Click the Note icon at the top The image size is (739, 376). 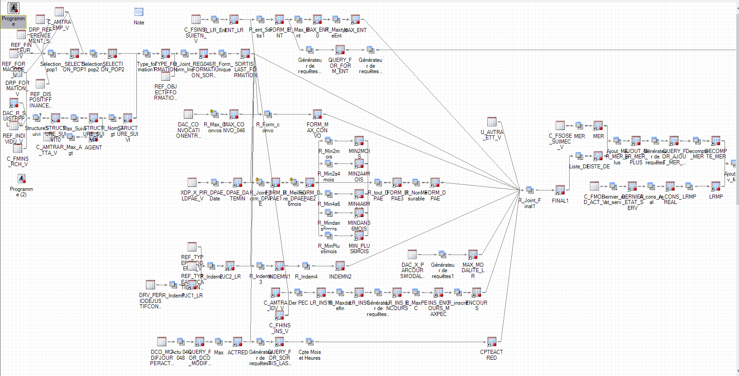pos(139,12)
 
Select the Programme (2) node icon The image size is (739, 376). pos(21,179)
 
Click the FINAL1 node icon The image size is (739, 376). pos(560,190)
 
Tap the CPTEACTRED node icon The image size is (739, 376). pos(492,342)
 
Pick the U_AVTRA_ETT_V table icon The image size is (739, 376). pos(492,121)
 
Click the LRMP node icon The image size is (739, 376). pos(716,186)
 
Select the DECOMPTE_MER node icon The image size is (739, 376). pos(716,140)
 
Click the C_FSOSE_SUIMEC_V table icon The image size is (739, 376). pos(560,125)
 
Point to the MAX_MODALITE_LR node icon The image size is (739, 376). pos(473,254)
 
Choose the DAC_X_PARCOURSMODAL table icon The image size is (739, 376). pos(412,254)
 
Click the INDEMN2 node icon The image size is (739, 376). pos(340,266)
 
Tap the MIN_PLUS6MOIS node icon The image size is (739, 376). pos(359,235)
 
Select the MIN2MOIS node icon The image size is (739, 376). pos(359,140)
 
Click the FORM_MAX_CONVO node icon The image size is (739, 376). pos(318,114)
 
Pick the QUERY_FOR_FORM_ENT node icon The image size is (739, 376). pos(340,49)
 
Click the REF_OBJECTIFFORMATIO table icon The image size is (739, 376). pos(166,76)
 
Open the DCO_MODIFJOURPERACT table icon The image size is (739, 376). pos(161,341)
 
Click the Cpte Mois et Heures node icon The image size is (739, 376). pos(309,341)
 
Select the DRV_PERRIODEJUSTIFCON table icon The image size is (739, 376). pos(150,284)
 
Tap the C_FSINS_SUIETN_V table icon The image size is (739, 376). pos(196,19)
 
